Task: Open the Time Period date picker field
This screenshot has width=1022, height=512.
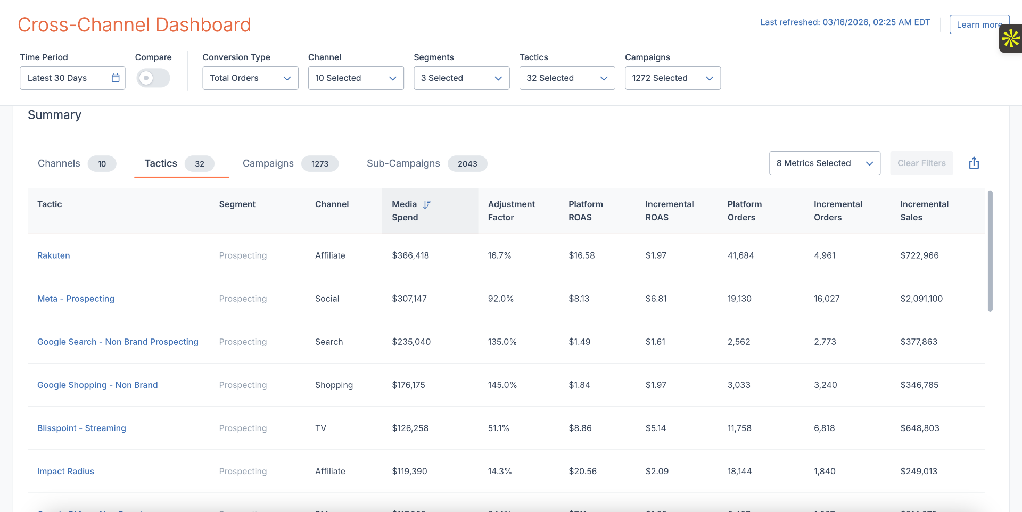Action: click(72, 78)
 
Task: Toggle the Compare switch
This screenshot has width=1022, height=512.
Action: click(153, 78)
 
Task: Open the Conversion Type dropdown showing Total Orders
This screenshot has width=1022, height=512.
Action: click(250, 78)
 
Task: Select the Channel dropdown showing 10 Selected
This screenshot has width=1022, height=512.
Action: click(356, 78)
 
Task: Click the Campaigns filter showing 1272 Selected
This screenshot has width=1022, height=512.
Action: click(672, 78)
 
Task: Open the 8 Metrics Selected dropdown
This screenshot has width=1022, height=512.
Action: click(824, 163)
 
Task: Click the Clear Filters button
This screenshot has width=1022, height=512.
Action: click(921, 163)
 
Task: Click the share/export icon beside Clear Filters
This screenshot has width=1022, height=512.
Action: click(974, 163)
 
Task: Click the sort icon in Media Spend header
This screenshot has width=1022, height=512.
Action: click(427, 204)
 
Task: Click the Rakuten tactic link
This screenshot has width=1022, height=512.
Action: click(53, 255)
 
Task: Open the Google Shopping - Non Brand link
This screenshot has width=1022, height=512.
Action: click(97, 385)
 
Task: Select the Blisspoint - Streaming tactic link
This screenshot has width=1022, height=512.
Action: click(81, 428)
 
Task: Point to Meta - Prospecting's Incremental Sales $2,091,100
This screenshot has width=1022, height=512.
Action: click(921, 299)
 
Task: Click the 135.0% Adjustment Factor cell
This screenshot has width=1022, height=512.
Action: click(502, 342)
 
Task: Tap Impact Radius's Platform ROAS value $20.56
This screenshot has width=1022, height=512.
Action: click(582, 471)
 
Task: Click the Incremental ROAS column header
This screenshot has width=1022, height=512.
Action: click(669, 210)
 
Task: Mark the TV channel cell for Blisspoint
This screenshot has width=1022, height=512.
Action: click(320, 428)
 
